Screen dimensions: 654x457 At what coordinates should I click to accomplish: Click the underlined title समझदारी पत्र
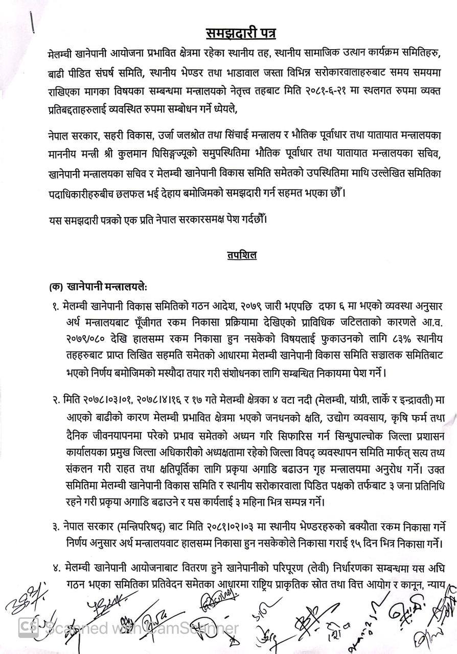241,34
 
